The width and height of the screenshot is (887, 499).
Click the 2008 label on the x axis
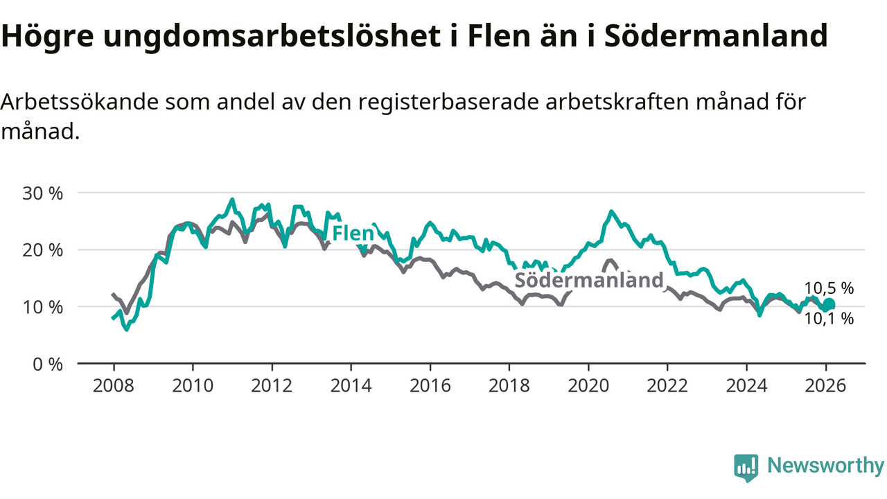coord(113,385)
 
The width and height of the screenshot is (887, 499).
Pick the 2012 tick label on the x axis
coord(272,385)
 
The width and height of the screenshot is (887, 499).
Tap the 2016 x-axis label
coord(430,385)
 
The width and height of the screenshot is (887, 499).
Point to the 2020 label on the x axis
coord(588,385)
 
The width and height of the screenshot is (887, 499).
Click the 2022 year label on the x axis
coord(667,385)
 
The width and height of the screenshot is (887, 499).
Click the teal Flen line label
coord(353,234)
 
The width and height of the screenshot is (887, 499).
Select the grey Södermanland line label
coord(588,280)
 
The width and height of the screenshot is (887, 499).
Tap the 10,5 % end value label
coord(829,289)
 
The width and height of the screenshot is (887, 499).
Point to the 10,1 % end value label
coord(829,319)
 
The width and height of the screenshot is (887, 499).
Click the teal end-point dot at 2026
coord(829,304)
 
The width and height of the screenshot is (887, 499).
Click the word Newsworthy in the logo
coord(825,466)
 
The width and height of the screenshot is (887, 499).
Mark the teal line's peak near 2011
coord(232,200)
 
